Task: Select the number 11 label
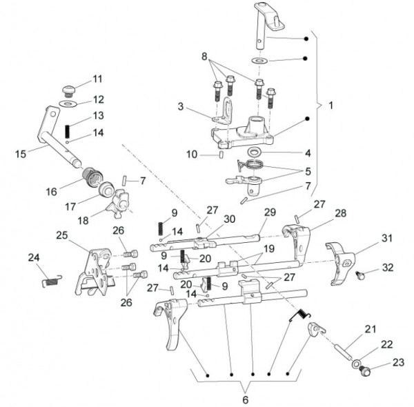pyautogui.click(x=97, y=79)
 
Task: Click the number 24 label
pyautogui.click(x=34, y=257)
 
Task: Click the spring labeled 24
pyautogui.click(x=51, y=279)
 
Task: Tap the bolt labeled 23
pyautogui.click(x=365, y=371)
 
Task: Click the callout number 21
pyautogui.click(x=371, y=328)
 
